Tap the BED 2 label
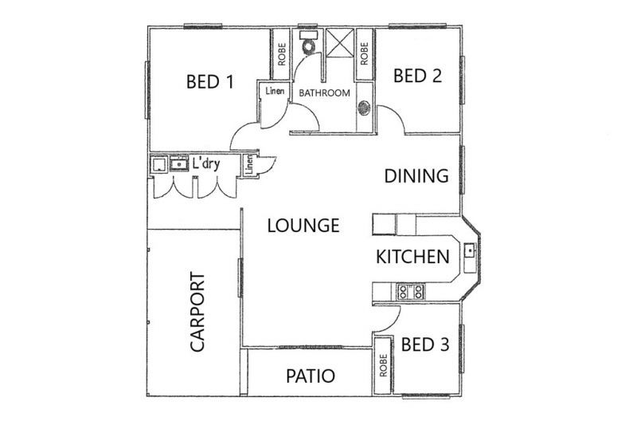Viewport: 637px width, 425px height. coord(417,77)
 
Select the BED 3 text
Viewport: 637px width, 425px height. coord(425,344)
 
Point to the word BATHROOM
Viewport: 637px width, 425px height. coord(324,93)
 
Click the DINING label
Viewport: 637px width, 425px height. coord(416,176)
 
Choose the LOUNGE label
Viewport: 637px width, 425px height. coord(303,226)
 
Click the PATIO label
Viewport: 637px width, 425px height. coord(310,376)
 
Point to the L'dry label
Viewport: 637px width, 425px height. coord(206,165)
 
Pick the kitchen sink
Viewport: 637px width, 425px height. coord(471,253)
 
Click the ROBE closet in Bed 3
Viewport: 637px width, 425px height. coord(384,365)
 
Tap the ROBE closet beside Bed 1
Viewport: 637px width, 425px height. coord(281,53)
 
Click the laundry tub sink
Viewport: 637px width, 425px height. coord(178,165)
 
